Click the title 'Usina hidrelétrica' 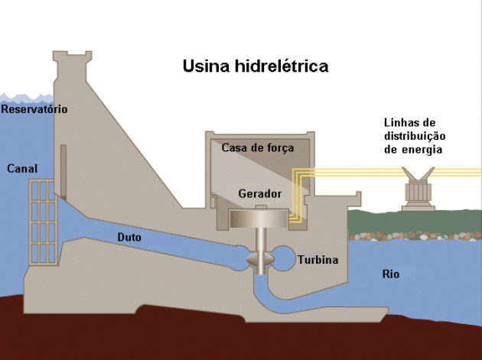pos(255,66)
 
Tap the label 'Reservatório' pos(34,109)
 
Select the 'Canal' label pos(21,168)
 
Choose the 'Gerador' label pos(259,194)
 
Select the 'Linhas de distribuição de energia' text pos(413,136)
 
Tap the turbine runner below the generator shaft pos(259,259)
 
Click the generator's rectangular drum pos(259,219)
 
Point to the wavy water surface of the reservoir pos(26,97)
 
